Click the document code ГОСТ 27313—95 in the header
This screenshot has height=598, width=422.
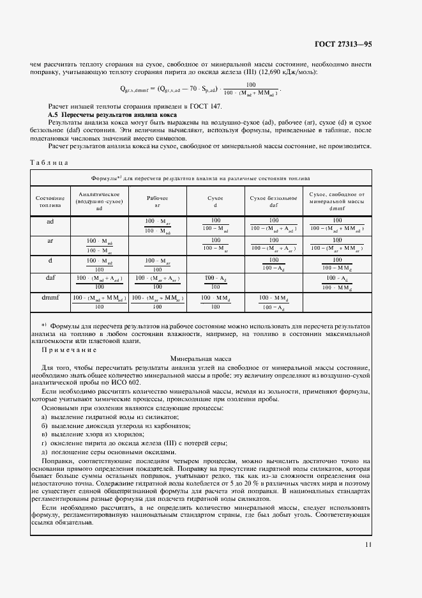coord(343,44)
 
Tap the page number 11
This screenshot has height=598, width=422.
coord(368,545)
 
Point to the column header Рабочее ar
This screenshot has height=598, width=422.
coord(156,202)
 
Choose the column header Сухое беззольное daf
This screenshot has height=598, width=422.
coord(273,202)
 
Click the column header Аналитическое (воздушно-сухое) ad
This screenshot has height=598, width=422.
coord(99,201)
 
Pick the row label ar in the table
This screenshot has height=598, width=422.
coord(50,241)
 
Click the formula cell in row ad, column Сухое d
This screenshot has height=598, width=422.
coord(215,224)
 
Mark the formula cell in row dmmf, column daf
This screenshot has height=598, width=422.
coord(273,302)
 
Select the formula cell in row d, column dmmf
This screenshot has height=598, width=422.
coord(336,263)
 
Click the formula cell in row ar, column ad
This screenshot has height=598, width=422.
coord(99,245)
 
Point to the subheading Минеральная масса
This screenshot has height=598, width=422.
coord(200,359)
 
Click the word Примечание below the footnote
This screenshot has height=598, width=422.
coord(69,350)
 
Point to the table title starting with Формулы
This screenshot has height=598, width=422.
coord(200,178)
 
